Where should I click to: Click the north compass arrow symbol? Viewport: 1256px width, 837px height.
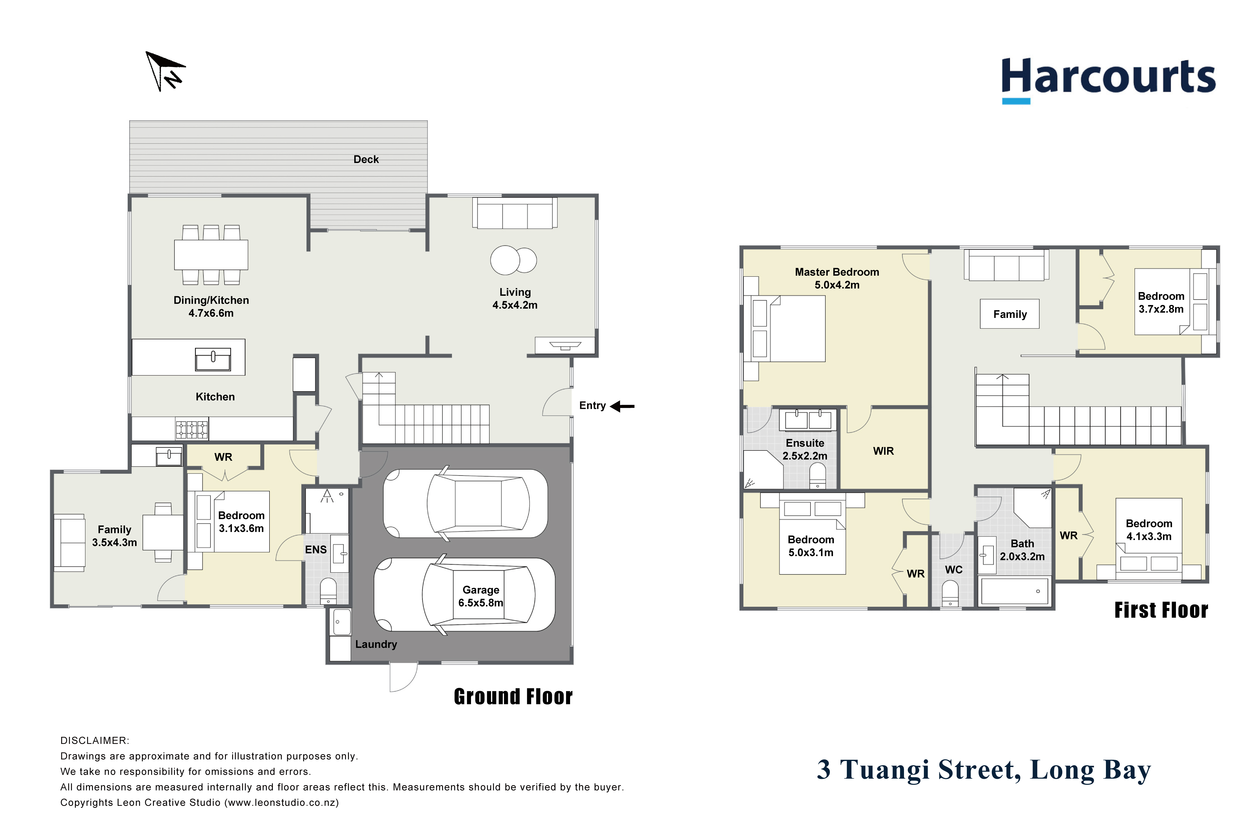[165, 72]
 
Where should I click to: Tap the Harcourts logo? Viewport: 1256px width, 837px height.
[1108, 80]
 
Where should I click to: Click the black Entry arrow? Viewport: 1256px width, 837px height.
[622, 407]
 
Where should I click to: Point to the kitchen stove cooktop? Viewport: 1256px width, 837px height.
[192, 429]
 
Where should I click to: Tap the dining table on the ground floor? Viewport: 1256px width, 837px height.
[211, 255]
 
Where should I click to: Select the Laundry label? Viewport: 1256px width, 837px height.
[376, 644]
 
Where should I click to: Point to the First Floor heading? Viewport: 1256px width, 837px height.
[1161, 610]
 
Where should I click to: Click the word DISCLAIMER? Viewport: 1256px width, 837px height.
[95, 741]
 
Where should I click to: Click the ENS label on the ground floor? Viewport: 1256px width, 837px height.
[316, 550]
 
